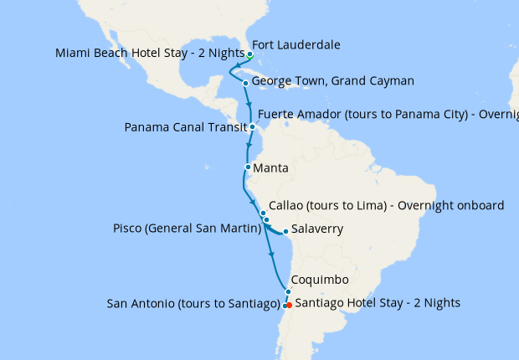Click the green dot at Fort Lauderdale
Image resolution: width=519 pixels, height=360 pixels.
[x=250, y=54]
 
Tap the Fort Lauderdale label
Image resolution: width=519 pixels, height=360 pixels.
[x=296, y=45]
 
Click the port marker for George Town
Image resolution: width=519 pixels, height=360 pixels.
[x=244, y=83]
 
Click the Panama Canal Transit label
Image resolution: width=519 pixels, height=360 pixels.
[x=185, y=128]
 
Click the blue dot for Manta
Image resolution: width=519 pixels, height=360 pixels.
[x=248, y=167]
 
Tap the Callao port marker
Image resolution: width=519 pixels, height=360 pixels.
[x=263, y=213]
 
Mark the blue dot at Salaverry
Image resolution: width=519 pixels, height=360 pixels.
[x=285, y=231]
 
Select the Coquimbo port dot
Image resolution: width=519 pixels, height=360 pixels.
[x=287, y=291]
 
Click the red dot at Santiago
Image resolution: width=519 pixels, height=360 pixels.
[x=289, y=305]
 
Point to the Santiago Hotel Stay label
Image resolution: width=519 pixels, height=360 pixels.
[x=378, y=302]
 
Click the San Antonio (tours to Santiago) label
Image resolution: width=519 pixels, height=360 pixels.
[x=193, y=303]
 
